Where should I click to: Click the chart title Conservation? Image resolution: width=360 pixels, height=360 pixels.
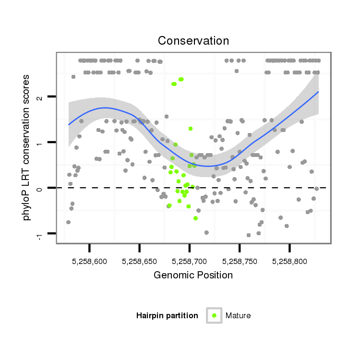(x=193, y=41)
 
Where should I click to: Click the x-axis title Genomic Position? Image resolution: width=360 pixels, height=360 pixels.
(x=193, y=275)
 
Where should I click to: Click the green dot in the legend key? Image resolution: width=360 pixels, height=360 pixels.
(x=214, y=315)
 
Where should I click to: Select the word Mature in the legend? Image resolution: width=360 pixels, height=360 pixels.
(x=238, y=315)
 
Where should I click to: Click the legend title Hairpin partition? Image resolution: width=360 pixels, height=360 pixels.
(x=167, y=315)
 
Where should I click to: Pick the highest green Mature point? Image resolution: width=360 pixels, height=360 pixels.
(x=181, y=79)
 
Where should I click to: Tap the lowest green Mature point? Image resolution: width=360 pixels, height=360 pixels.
(x=195, y=218)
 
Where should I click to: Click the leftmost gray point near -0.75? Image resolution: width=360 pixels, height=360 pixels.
(x=68, y=222)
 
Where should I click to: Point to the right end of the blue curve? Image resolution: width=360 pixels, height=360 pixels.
(x=318, y=92)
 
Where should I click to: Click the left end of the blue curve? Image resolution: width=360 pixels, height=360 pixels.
(x=69, y=125)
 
